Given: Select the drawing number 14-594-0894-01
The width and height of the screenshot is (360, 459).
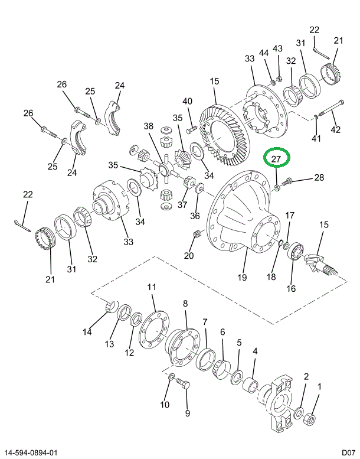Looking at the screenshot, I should pos(31,453).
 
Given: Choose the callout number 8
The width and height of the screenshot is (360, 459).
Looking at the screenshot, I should pos(185,304).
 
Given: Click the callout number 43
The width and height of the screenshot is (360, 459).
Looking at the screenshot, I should pos(277,48).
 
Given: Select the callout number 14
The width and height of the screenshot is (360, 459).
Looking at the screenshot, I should pos(87,332).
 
